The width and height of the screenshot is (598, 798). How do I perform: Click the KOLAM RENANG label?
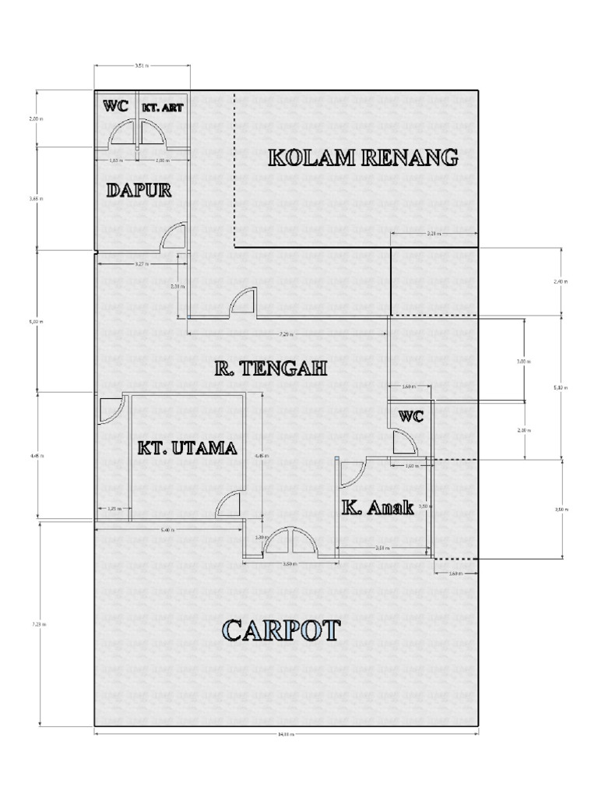(363, 158)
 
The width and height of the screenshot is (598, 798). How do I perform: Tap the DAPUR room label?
(139, 190)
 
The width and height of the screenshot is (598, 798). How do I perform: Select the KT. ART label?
(163, 108)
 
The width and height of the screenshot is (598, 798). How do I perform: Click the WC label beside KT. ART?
(116, 107)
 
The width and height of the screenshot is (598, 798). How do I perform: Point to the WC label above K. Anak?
(411, 417)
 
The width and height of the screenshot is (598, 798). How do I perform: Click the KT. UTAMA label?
(187, 449)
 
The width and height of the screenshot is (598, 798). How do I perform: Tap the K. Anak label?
(378, 508)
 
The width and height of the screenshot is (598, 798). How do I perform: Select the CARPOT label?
(281, 630)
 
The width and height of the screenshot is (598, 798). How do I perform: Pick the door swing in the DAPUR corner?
(174, 237)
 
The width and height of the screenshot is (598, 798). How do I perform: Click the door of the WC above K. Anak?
(404, 443)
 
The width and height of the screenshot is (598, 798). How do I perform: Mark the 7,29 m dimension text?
(287, 334)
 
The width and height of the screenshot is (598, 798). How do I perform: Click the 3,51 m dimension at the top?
(142, 66)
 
